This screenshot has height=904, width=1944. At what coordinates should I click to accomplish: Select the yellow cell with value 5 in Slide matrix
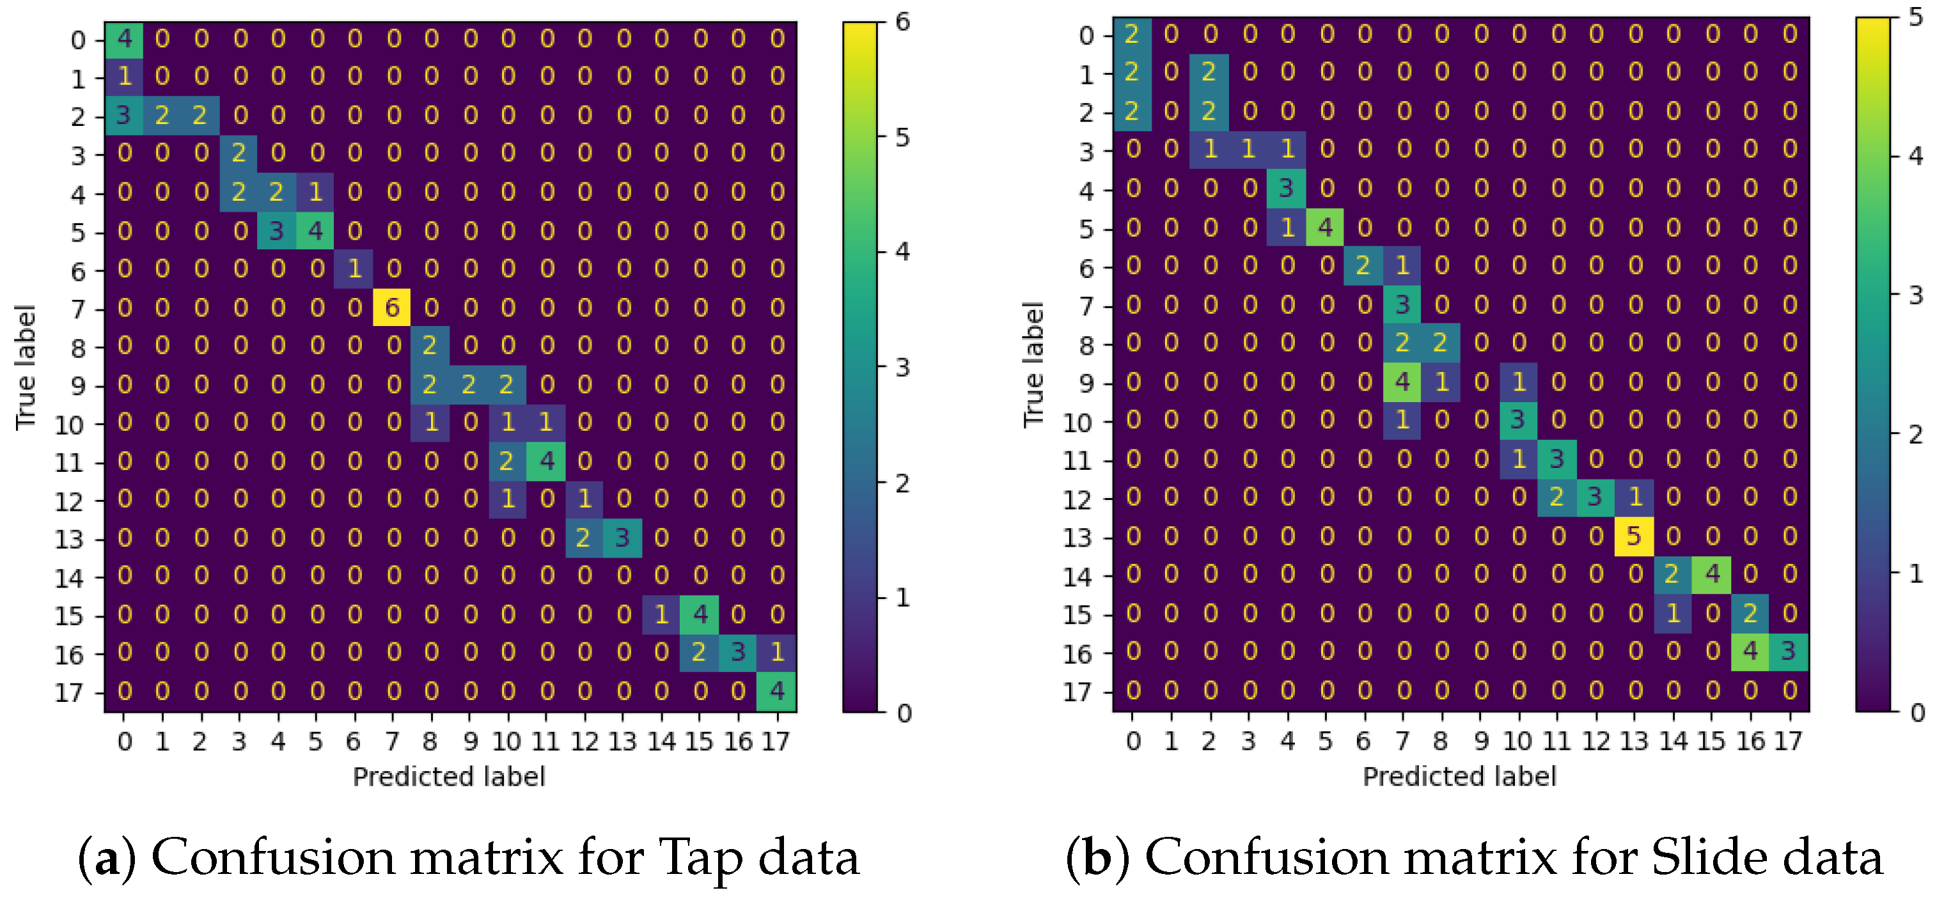(x=1634, y=536)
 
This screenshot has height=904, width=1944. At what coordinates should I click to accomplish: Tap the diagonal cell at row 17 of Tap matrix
(x=776, y=691)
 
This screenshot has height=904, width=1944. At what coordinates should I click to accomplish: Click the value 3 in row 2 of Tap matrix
(x=124, y=116)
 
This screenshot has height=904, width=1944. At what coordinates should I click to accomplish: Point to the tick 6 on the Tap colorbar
(x=902, y=22)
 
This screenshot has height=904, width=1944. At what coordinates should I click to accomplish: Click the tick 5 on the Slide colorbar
(x=1915, y=17)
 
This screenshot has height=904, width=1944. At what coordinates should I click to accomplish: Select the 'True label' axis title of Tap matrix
(x=25, y=368)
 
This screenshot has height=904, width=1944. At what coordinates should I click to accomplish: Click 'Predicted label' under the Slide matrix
(x=1459, y=777)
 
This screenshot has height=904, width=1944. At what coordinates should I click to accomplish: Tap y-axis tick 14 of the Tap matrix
(x=68, y=578)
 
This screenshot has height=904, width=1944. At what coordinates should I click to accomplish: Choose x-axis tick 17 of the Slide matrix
(x=1788, y=742)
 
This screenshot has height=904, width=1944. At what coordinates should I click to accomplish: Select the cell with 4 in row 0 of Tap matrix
(x=124, y=39)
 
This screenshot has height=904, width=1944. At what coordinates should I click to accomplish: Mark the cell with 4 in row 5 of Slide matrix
(x=1324, y=228)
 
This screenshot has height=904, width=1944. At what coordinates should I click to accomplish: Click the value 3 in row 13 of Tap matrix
(x=623, y=538)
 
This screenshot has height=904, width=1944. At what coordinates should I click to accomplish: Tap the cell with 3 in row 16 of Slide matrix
(x=1788, y=651)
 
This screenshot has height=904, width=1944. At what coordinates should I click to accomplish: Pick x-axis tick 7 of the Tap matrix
(x=391, y=742)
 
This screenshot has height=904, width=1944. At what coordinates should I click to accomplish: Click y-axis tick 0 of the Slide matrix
(x=1086, y=35)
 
